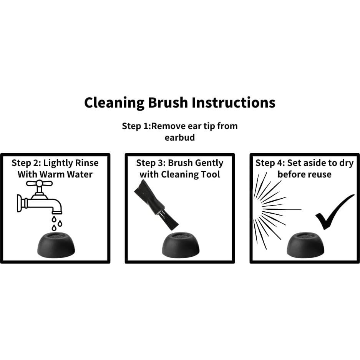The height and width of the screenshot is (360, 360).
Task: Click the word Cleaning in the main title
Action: (114, 103)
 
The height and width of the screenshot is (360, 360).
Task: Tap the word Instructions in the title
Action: (234, 102)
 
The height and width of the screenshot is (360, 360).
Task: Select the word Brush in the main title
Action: (168, 102)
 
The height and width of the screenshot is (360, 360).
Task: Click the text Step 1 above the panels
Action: (136, 126)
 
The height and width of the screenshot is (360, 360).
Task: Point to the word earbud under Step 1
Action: (180, 138)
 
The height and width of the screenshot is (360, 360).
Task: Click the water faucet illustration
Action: (40, 197)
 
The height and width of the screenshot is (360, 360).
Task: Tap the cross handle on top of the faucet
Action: (39, 183)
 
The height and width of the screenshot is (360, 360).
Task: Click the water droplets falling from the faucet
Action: (57, 223)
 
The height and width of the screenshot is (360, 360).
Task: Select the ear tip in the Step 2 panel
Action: (56, 245)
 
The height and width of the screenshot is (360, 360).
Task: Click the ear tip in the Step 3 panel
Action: (181, 245)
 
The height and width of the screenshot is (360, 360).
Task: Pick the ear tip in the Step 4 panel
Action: (305, 245)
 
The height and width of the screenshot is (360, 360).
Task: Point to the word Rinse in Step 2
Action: (88, 163)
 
